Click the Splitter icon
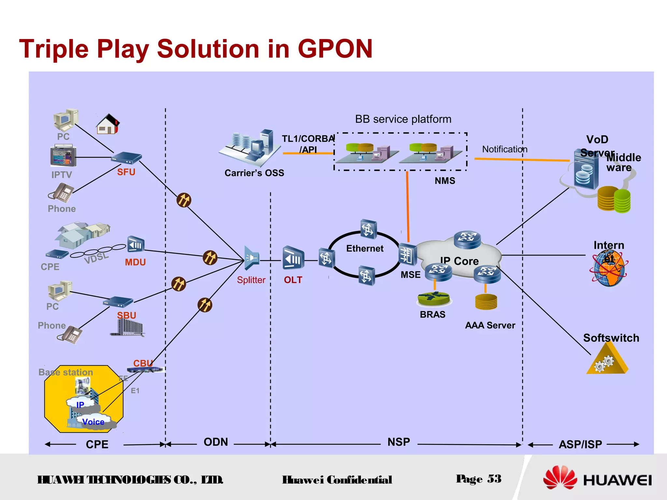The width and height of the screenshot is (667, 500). pos(251,258)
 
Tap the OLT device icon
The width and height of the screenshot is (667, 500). pos(293,258)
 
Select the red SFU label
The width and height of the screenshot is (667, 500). pos(126,172)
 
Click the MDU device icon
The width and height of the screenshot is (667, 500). pos(135,244)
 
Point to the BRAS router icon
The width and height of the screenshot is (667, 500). pos(433,298)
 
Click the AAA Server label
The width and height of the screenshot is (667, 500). pos(490,325)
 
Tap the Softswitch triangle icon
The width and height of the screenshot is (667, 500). pos(607,361)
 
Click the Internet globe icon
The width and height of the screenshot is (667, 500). pos(608,270)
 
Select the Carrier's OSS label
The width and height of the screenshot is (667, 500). pos(254,173)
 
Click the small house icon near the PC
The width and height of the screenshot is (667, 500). pos(108,124)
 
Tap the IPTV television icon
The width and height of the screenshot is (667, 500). pos(63,156)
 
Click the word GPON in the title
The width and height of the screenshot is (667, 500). pos(335,49)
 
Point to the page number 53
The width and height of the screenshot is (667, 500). pos(494,479)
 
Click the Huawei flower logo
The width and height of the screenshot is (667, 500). pos(560,478)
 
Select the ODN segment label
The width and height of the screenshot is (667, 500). pos(216,442)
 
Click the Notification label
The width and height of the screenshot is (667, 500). pos(504,149)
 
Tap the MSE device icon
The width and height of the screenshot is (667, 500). pos(407,255)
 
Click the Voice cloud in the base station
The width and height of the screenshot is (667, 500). pos(93,422)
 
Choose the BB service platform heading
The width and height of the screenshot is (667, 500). pos(403,119)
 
